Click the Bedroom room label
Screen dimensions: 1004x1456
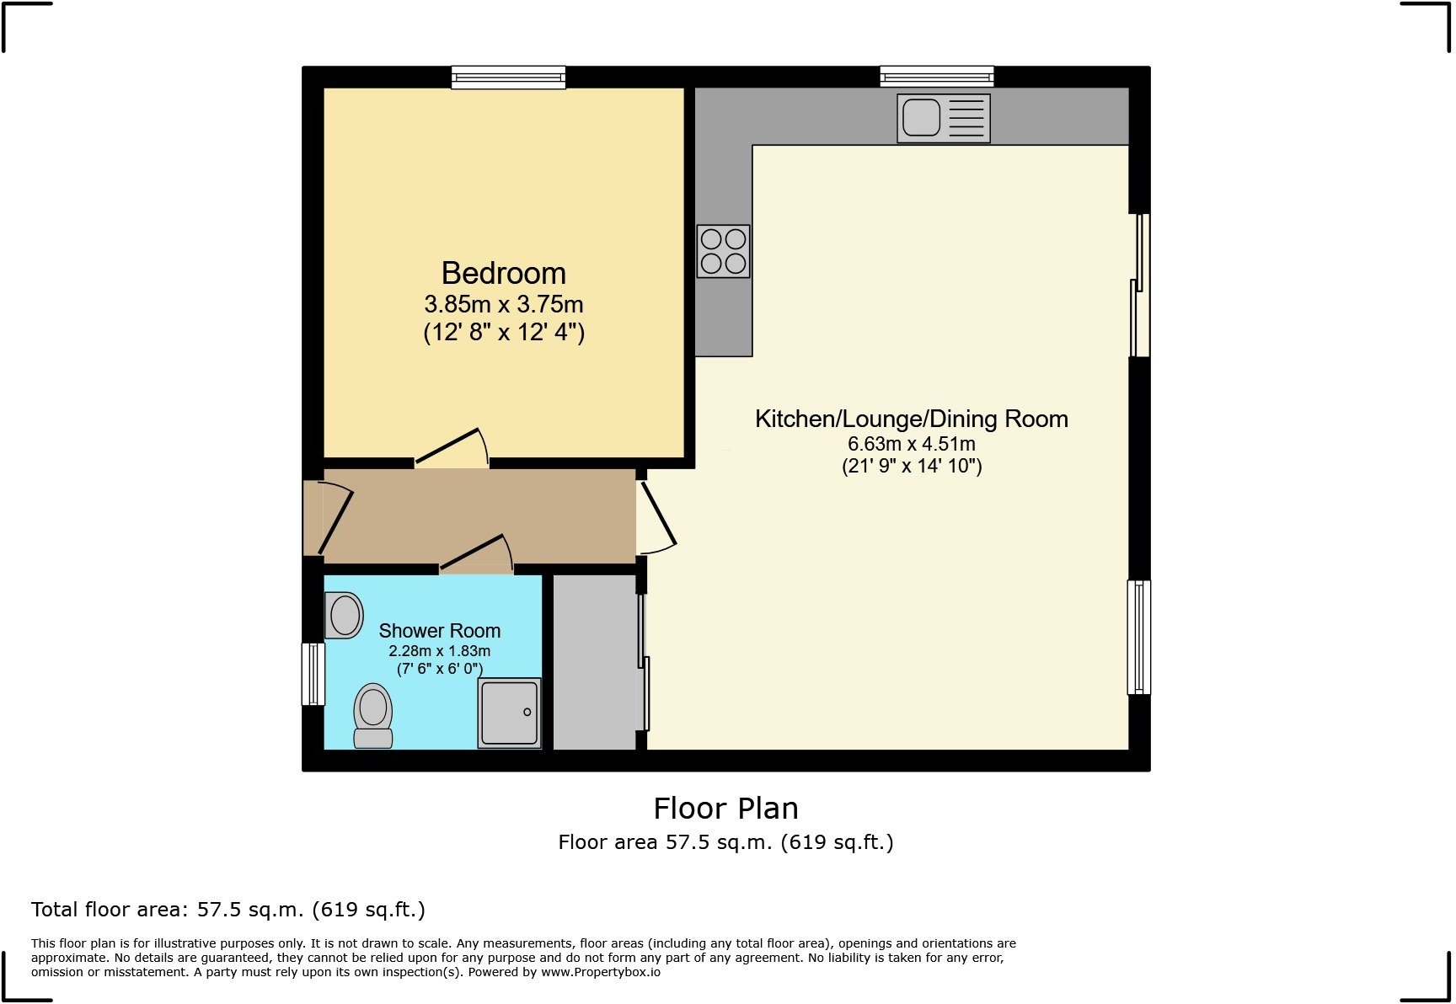(x=503, y=274)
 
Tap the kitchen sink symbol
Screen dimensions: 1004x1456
(x=943, y=118)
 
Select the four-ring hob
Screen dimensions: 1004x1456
(x=723, y=251)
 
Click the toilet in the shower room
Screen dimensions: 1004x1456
(x=373, y=717)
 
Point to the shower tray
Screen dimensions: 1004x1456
(x=509, y=713)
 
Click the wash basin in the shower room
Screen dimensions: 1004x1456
(x=344, y=615)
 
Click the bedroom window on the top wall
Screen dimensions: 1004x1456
(x=508, y=77)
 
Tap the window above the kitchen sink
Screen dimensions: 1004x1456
(x=936, y=77)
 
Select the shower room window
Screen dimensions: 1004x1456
(x=313, y=674)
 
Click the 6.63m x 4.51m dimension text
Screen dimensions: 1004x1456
(x=911, y=444)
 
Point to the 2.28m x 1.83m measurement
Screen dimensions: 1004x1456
(x=439, y=651)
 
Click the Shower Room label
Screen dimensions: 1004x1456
(x=439, y=631)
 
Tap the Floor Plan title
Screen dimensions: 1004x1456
(x=725, y=809)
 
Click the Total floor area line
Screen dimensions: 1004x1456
(x=227, y=910)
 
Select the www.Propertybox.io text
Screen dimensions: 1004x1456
(x=600, y=972)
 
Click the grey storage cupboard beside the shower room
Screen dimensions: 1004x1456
(x=594, y=661)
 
